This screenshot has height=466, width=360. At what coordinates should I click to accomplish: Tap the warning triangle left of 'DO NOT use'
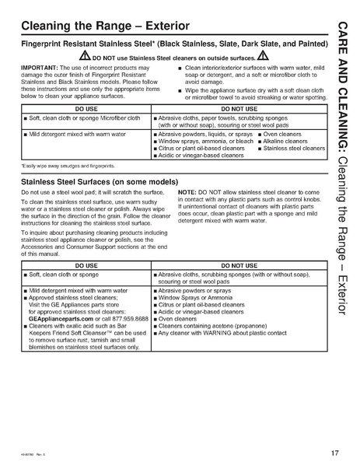(x=86, y=57)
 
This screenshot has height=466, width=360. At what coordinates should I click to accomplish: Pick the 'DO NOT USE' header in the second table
(x=235, y=265)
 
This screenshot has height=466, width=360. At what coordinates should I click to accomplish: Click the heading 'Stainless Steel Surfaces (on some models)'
(x=102, y=182)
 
